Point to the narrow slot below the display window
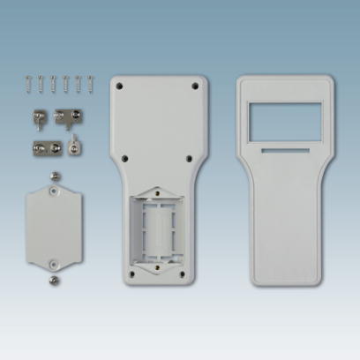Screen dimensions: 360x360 point(285,151)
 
